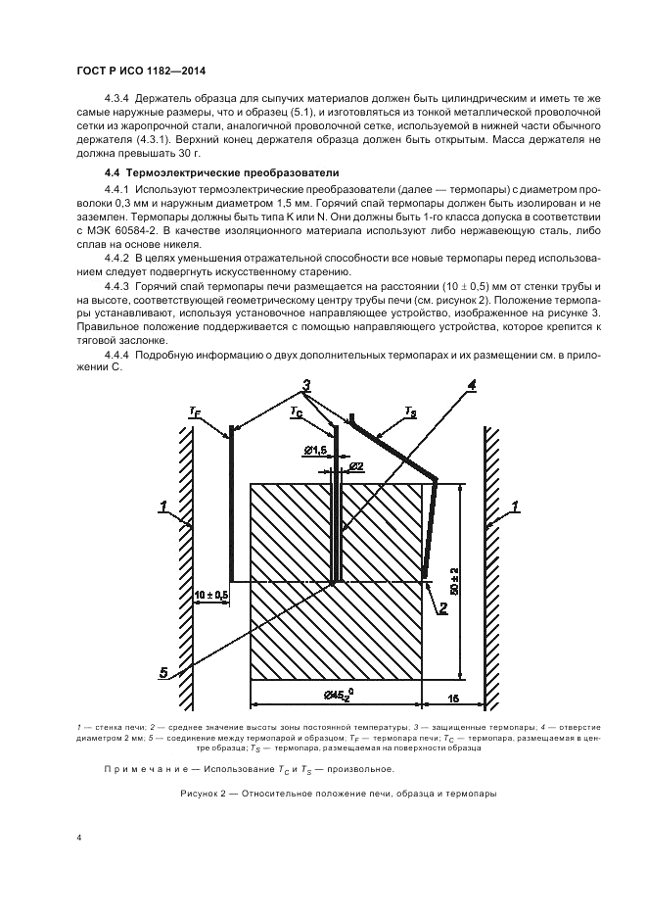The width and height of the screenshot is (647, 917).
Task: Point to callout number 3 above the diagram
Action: pos(306,385)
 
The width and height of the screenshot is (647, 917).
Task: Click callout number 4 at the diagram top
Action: pos(472,385)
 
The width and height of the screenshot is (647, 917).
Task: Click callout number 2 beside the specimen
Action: pos(443,607)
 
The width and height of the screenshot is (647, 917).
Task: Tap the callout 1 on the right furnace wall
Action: pos(515,507)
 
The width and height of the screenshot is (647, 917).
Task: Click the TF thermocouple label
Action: pos(194,413)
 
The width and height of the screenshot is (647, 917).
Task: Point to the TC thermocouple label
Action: pos(296,412)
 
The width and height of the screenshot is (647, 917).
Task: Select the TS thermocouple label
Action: pos(410,412)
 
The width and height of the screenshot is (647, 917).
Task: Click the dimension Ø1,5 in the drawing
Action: pos(316,449)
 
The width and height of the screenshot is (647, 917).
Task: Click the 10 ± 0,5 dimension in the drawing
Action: pos(211,594)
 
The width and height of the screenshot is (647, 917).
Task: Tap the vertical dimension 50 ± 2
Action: pos(455,581)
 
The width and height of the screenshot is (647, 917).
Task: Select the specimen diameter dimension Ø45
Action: pos(340,695)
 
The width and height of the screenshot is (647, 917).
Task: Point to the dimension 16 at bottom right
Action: pos(453,698)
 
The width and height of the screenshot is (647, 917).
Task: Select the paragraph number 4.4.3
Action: pos(116,285)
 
